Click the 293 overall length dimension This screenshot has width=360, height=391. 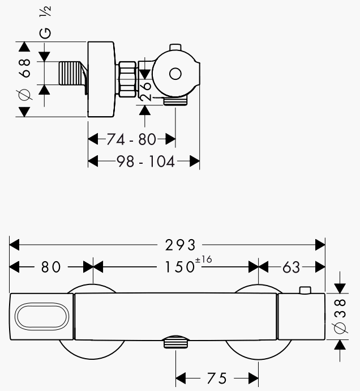(x=180, y=245)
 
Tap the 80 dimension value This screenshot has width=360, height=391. (x=51, y=266)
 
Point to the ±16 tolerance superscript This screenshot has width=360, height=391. (x=203, y=260)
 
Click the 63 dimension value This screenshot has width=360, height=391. (x=291, y=266)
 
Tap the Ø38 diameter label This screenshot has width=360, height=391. (x=340, y=316)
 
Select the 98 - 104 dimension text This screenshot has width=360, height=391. (x=145, y=161)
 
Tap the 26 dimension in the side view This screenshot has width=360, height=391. (x=145, y=90)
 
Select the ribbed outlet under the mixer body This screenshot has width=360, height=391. (x=176, y=343)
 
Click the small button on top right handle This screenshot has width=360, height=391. (x=305, y=291)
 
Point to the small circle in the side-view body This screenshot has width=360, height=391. (x=174, y=74)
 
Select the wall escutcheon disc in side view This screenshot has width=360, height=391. (x=102, y=79)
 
